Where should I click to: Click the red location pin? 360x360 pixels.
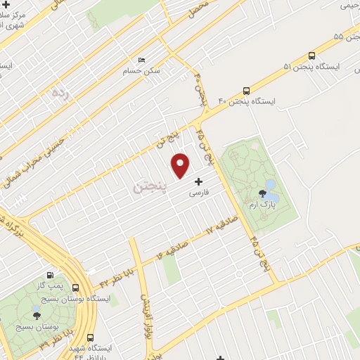[181, 164]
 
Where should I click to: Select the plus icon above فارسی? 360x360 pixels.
[198, 181]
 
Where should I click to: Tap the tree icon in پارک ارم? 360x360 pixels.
[262, 192]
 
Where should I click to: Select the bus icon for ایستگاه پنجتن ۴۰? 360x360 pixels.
[246, 90]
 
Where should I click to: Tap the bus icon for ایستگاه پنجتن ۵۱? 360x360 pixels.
[311, 56]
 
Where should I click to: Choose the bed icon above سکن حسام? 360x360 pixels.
[141, 60]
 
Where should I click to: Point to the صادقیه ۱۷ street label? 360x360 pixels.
[224, 225]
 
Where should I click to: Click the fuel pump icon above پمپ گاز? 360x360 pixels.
[49, 276]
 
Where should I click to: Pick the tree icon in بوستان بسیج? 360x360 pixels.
[37, 315]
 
